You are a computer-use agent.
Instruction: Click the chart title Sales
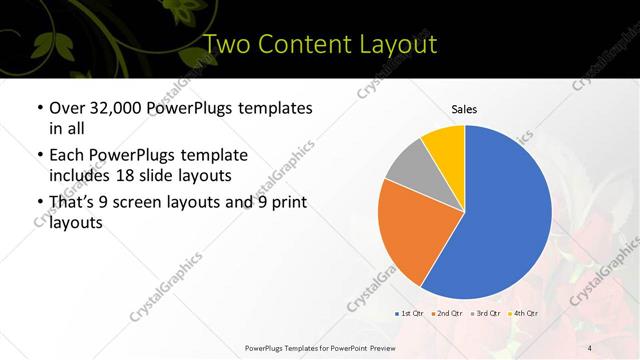click(x=464, y=108)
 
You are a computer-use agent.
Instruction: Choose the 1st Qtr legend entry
click(x=410, y=314)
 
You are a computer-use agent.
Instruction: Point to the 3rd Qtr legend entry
click(x=485, y=314)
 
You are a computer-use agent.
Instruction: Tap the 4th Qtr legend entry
click(x=523, y=314)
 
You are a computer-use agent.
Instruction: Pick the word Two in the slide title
click(x=225, y=45)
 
